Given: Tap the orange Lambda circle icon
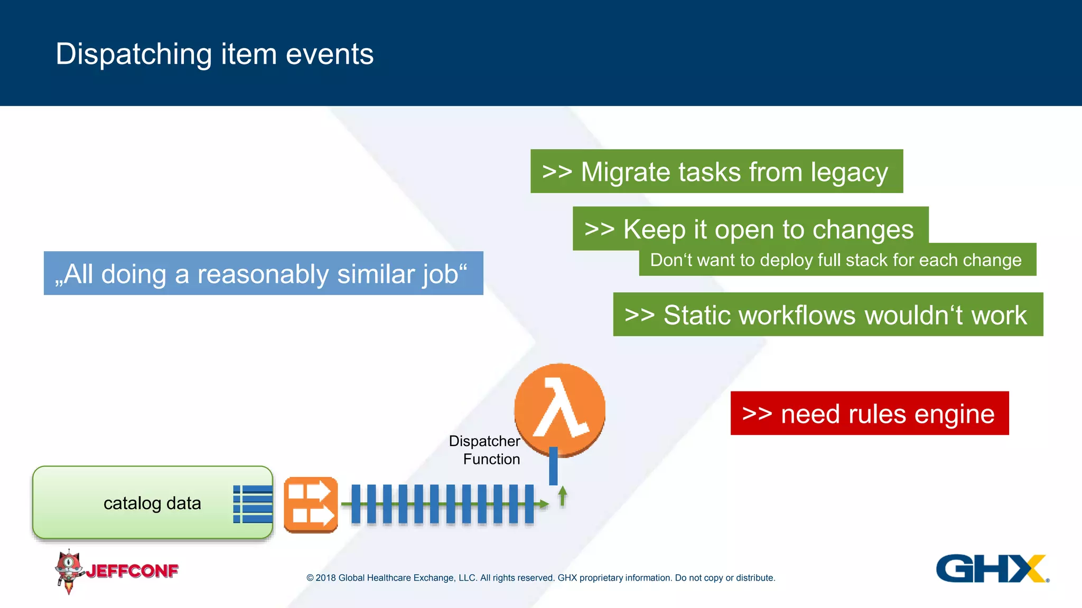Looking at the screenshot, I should point(559,409).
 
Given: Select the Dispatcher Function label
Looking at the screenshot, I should point(484,450).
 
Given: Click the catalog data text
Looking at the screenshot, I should point(152,503).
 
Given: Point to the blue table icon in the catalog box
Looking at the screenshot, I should point(253,504).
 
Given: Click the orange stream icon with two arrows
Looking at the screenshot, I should point(311,505).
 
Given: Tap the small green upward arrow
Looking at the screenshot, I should point(563,496).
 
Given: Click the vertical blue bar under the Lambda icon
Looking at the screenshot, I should point(553,466).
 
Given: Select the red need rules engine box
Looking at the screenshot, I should point(869,413).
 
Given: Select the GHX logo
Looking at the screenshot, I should point(991,568).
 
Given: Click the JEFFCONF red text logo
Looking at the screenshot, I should point(132,571).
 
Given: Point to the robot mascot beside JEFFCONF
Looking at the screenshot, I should point(69,570).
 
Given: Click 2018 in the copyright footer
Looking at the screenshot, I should point(325,578).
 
